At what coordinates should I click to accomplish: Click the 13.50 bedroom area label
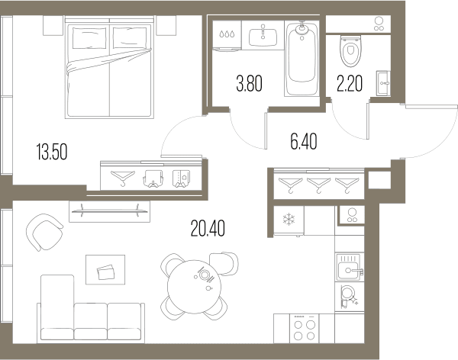coord(52,152)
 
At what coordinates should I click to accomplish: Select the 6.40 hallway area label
coord(304,141)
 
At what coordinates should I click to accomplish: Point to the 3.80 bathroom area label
coord(249,83)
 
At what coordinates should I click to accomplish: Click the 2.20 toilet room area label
coord(350,83)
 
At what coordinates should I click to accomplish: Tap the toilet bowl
coord(350,51)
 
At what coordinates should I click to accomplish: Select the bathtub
coord(302,59)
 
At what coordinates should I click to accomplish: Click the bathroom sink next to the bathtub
coord(263,37)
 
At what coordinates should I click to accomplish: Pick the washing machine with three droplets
coord(227,35)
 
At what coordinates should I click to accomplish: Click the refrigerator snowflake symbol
coord(289,219)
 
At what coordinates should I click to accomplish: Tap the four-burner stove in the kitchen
coord(304,329)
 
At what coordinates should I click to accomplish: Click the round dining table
coord(194,287)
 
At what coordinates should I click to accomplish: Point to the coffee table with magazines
coord(105,269)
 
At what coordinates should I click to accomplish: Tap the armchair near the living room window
coord(44,232)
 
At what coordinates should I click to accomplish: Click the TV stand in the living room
coord(109,211)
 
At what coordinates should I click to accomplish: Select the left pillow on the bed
coord(89,38)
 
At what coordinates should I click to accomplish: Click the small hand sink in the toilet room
coord(383,83)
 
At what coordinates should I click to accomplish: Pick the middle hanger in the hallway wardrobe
coord(318,185)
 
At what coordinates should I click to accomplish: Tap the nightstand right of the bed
coord(166,25)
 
